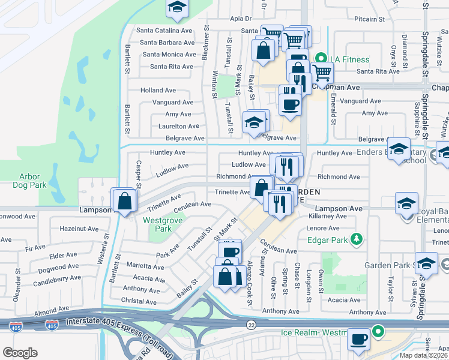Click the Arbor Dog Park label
click(x=29, y=181)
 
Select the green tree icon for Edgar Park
click(x=357, y=239)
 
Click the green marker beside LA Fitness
click(x=321, y=59)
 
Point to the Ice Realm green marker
click(x=378, y=331)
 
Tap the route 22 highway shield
click(x=252, y=324)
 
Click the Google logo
click(x=20, y=353)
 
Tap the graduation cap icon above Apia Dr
click(x=177, y=7)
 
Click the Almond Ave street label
click(x=52, y=313)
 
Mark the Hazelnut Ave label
click(x=79, y=229)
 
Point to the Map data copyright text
click(x=423, y=355)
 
